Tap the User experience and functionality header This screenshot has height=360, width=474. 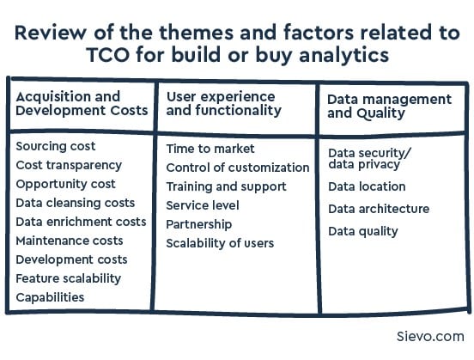click(x=221, y=104)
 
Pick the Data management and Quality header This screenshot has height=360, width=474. click(x=389, y=107)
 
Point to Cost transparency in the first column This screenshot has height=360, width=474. click(x=69, y=165)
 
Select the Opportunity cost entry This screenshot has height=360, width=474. click(x=65, y=184)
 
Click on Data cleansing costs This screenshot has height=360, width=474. click(x=76, y=203)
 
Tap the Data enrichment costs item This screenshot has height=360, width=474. click(x=81, y=222)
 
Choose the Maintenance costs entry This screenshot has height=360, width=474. click(x=70, y=241)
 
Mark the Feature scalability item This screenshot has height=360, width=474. click(x=69, y=278)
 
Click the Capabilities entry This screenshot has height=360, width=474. click(x=50, y=297)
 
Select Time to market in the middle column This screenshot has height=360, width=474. click(x=210, y=149)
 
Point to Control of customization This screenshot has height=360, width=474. click(x=238, y=168)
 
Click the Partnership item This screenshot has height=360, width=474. click(x=199, y=224)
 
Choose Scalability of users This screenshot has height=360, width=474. click(x=220, y=243)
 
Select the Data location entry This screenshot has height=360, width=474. click(x=367, y=186)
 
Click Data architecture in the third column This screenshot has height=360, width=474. click(x=379, y=209)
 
